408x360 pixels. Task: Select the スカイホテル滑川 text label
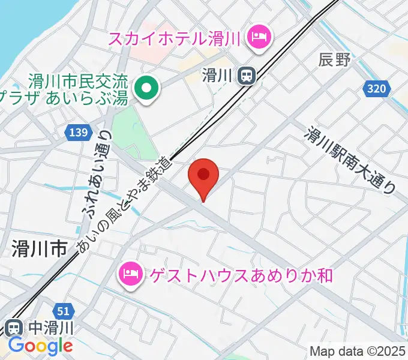[x=175, y=39]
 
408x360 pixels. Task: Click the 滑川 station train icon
[x=245, y=75]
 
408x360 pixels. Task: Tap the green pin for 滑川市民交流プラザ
[x=146, y=89]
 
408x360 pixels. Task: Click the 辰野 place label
[x=334, y=59]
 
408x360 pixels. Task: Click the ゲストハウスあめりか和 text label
[x=237, y=275]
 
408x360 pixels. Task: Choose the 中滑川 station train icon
[x=16, y=328]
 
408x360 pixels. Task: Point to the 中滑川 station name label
[x=50, y=328]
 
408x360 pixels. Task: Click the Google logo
[x=40, y=346]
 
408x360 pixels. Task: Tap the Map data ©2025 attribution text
[x=358, y=350]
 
